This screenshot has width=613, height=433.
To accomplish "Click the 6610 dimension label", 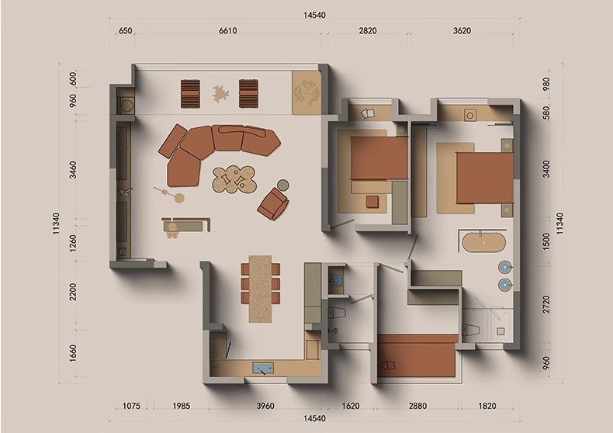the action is coord(227,30).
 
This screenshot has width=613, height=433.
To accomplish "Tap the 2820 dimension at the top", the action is coord(368,30).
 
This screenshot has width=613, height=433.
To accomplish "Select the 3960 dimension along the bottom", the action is coord(265,406).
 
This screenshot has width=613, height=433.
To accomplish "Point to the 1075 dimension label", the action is coord(131,406).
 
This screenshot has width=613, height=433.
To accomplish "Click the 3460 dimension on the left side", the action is coord(73,170).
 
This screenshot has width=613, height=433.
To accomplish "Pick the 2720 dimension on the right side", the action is coord(546,304).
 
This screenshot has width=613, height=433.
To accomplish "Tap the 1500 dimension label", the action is coord(546,241).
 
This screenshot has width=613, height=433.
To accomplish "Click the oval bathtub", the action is coord(484,243).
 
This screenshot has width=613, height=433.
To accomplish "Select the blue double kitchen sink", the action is coord(263,368).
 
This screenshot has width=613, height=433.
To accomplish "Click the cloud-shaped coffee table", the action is coord(234,179).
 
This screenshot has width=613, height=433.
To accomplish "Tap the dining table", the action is coord(261,289).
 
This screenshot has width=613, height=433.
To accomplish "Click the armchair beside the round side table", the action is coord(273,203).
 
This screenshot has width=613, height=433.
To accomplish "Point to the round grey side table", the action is coord(283,185).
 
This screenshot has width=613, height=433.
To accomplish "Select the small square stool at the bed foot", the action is coord(372,202).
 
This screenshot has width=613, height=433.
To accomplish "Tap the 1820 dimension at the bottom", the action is coord(487,406).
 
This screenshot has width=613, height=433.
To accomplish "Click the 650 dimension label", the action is coord(125,30).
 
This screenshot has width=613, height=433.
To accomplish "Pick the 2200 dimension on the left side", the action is coord(73,293).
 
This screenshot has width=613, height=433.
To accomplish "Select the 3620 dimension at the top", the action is coord(462,30).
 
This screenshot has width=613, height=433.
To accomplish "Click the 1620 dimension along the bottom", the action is coord(351,406).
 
